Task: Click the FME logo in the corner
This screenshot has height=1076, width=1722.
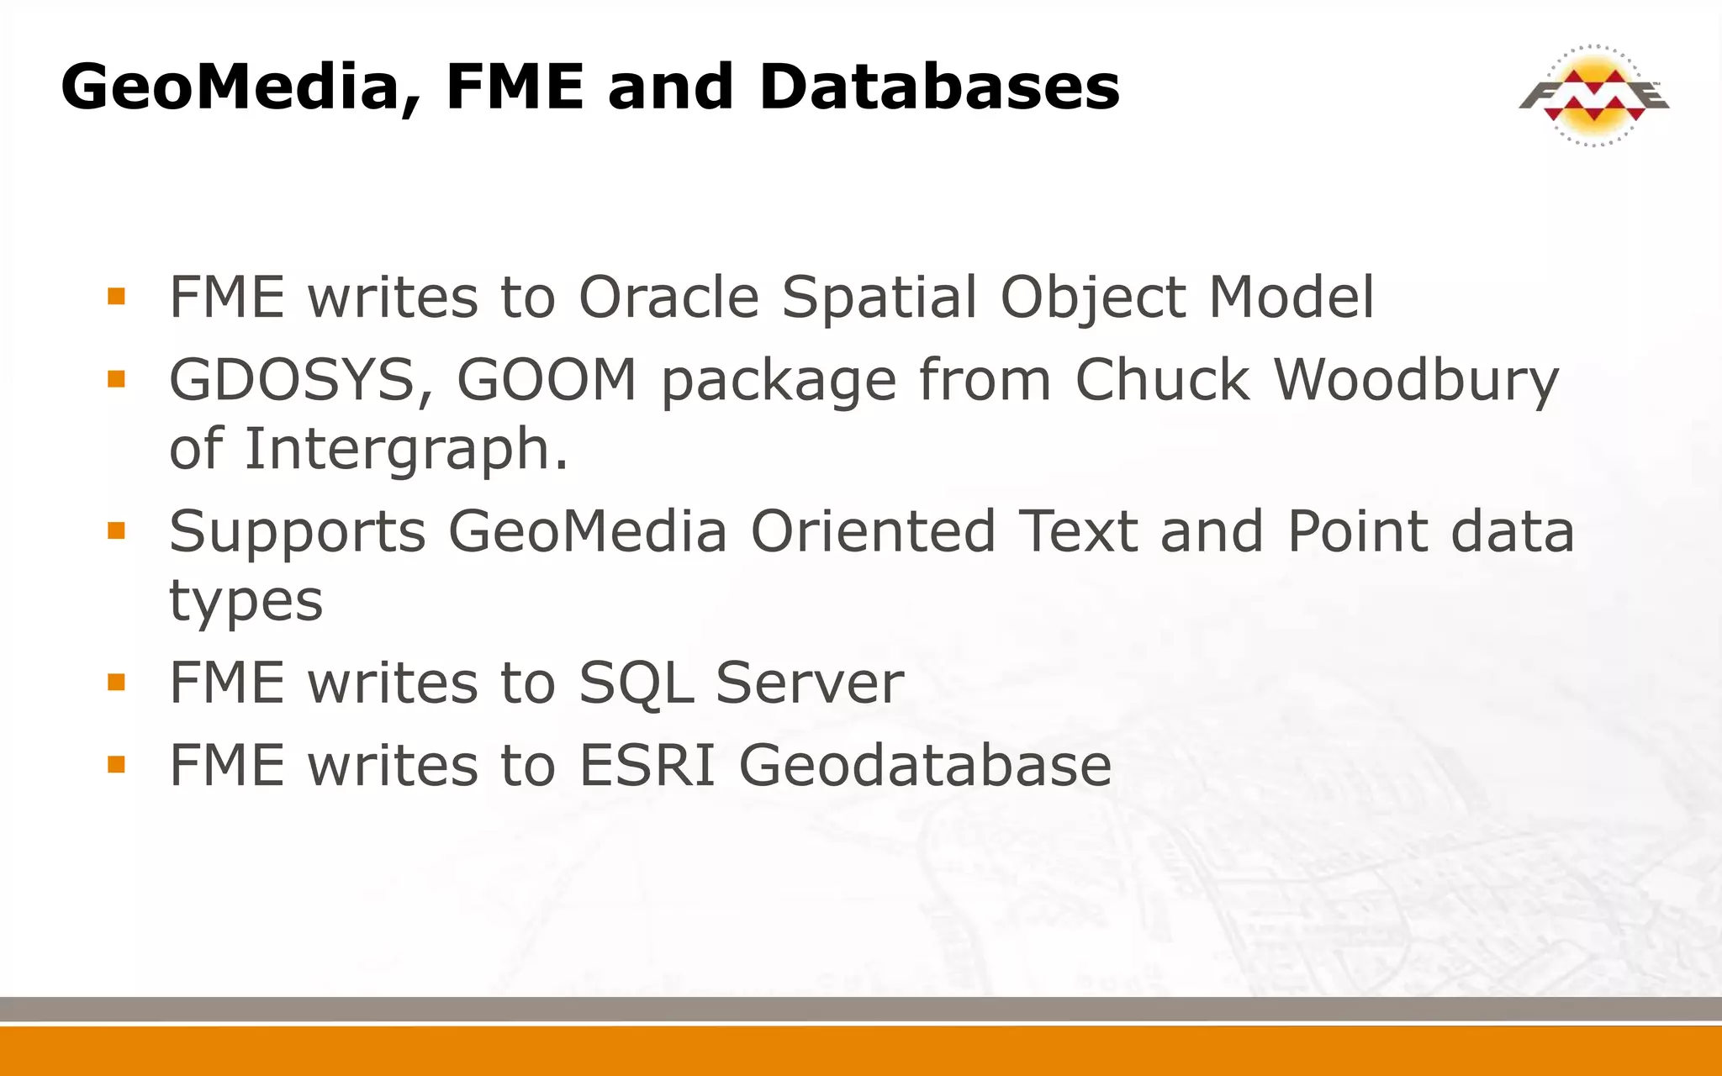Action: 1593,95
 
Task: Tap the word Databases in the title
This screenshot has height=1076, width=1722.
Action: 938,87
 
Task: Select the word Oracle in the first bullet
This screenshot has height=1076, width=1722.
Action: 669,298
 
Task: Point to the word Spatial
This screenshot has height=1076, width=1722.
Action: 879,298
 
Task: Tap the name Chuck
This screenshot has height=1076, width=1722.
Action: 1163,380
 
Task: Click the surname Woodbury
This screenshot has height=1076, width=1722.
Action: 1417,380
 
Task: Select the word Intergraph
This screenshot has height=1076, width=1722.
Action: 406,449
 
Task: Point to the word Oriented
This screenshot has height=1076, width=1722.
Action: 873,532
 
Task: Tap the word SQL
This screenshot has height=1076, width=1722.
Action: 636,683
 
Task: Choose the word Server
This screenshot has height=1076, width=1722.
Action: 810,683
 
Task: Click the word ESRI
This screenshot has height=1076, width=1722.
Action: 647,765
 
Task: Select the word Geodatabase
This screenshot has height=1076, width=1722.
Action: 925,765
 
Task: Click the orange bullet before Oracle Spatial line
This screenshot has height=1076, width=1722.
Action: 116,296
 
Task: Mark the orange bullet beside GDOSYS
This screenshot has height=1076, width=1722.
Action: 116,379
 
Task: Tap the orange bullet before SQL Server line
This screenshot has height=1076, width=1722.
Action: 116,682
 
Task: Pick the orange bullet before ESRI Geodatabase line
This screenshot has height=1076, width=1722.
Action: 116,764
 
